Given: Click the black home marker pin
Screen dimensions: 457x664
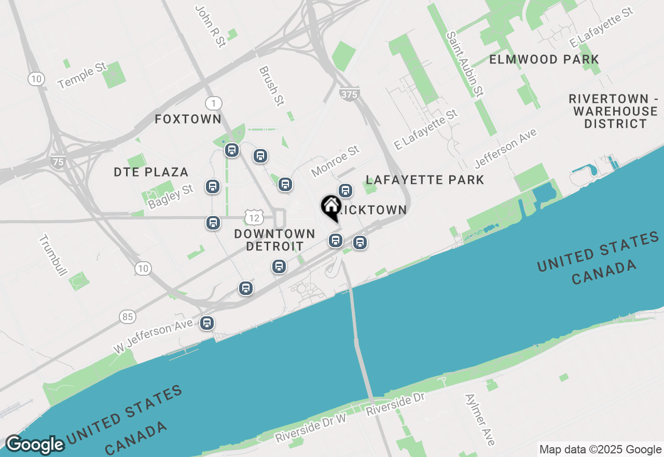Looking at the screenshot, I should tap(330, 207).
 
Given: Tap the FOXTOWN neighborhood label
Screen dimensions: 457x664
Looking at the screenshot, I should tap(188, 119).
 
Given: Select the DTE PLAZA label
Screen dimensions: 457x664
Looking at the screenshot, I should tap(151, 172).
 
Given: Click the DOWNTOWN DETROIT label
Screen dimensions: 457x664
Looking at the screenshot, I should tap(274, 240).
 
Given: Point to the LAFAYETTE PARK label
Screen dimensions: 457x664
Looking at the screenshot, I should tap(425, 180).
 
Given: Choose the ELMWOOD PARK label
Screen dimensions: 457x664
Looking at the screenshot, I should tap(544, 60).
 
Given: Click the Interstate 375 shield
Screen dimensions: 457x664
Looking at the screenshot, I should tap(350, 94).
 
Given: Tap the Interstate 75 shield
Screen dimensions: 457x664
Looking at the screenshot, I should tap(58, 162).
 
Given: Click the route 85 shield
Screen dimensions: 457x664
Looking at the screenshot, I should tap(127, 316).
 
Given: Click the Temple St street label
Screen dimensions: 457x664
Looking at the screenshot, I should tap(82, 76).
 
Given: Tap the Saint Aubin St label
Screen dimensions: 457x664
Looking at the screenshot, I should tap(465, 64).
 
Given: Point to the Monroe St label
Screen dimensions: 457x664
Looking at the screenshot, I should tap(335, 161).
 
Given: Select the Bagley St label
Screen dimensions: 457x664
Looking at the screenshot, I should tap(171, 196).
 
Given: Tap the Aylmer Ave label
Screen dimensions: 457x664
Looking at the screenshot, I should tap(480, 420).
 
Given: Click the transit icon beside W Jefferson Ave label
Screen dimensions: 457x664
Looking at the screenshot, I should tap(207, 323).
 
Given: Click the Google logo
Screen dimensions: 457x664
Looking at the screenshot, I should tap(35, 445).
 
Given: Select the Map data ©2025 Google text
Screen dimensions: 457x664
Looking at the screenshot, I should tap(600, 450).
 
